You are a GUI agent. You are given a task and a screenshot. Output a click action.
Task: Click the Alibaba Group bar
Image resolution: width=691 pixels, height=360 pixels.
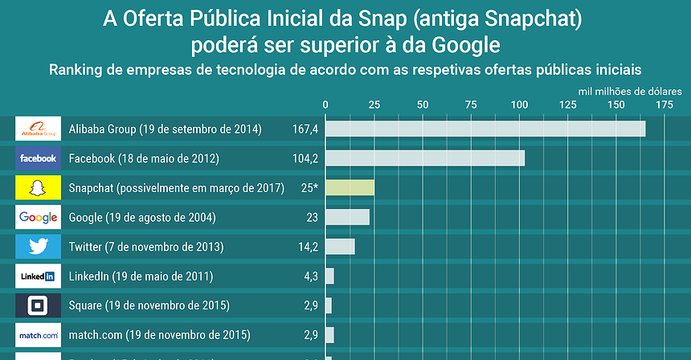[x=485, y=129]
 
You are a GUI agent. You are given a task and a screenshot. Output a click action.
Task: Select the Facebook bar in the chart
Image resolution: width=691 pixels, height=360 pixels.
[x=425, y=158]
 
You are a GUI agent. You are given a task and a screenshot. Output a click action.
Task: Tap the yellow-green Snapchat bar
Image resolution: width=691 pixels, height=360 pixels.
[x=350, y=188]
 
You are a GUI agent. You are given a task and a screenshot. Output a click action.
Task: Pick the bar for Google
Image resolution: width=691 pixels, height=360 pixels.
[x=347, y=217]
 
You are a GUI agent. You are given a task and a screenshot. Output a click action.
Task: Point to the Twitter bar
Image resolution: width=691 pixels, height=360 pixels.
[x=340, y=247]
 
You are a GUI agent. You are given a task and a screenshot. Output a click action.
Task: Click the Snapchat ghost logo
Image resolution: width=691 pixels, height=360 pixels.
[x=38, y=188]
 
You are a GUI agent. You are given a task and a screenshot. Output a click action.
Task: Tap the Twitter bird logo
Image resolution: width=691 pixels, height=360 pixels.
[x=38, y=247]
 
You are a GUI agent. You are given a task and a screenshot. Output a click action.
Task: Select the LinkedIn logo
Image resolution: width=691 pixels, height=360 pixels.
[x=38, y=276]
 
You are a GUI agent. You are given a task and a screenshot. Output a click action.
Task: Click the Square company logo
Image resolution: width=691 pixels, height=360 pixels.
[x=38, y=305]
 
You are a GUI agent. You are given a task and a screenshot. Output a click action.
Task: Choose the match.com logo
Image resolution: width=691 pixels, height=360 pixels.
[x=38, y=334]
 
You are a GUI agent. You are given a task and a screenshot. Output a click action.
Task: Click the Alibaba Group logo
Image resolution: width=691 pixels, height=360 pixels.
[x=38, y=129]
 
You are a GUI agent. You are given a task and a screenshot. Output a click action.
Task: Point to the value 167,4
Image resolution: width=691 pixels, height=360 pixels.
[x=305, y=129]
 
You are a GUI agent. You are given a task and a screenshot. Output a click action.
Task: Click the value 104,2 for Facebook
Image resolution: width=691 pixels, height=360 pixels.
[x=305, y=158]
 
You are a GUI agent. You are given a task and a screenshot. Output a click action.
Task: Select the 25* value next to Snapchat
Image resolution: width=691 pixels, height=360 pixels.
[x=309, y=188]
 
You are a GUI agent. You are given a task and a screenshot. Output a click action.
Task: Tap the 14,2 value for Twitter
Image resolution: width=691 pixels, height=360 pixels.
[x=308, y=247]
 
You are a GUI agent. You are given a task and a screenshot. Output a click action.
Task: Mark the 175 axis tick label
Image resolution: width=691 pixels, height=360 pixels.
[x=664, y=104]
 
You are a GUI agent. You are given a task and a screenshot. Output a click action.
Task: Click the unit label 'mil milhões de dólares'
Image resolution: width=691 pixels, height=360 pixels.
[x=629, y=91]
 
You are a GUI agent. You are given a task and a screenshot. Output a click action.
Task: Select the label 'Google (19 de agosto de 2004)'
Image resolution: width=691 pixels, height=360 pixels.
[x=142, y=218]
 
